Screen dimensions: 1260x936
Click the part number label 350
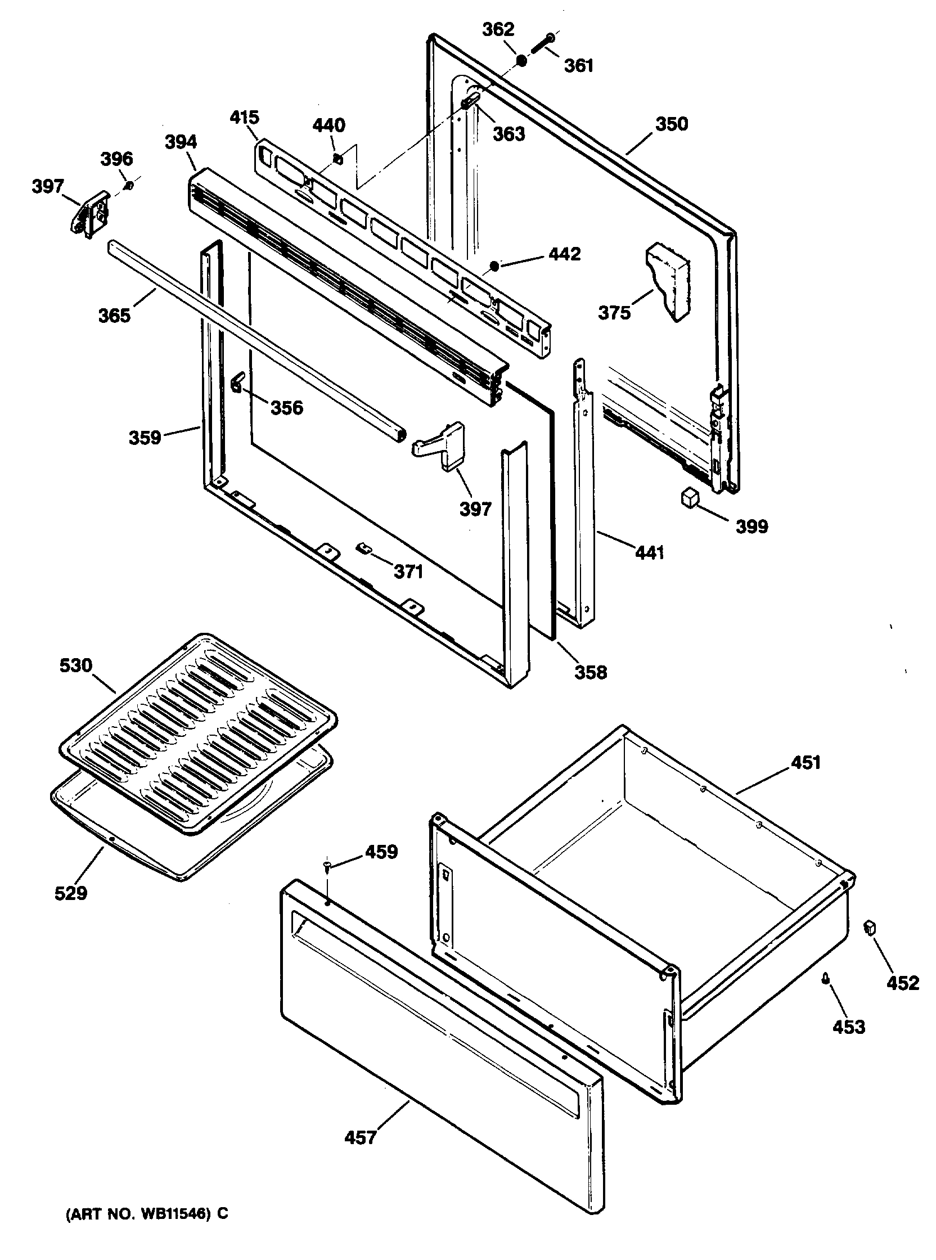(x=672, y=124)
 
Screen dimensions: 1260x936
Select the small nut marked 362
(x=521, y=60)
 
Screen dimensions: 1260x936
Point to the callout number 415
(x=244, y=117)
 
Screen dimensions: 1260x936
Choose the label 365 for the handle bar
(x=114, y=315)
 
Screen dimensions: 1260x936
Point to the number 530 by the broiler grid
(x=76, y=665)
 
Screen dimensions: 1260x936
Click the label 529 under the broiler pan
(x=71, y=893)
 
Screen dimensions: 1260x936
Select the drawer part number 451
(x=805, y=763)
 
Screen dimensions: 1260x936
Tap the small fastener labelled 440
(x=337, y=160)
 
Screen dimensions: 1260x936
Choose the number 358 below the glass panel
(x=591, y=672)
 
